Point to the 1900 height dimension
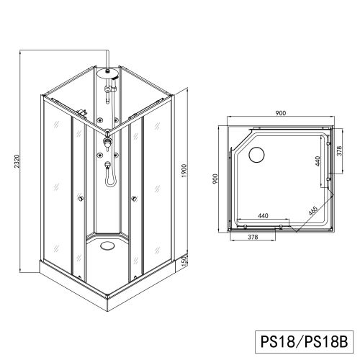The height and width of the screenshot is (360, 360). point(184,171)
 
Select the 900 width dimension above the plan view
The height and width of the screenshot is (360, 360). point(281,113)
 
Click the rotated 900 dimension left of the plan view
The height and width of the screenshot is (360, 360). point(215,179)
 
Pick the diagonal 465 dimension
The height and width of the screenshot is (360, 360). point(313,211)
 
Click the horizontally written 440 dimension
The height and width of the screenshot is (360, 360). point(263,216)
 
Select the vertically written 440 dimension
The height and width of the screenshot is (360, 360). point(318,161)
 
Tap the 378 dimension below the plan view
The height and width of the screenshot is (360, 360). point(253,237)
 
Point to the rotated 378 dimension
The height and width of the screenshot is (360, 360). point(339,150)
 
